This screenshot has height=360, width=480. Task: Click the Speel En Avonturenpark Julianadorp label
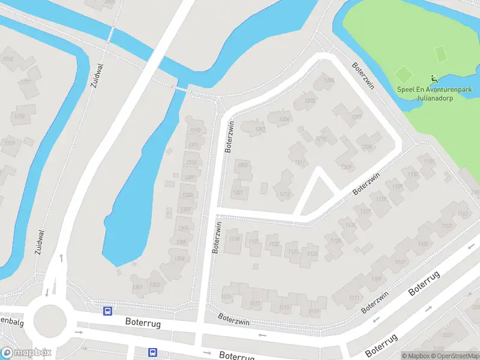(434, 93)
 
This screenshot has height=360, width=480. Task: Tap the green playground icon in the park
(434, 79)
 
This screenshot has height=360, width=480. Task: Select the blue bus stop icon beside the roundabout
(107, 310)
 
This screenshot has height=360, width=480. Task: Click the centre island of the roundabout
(49, 320)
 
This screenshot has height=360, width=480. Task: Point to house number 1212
(284, 193)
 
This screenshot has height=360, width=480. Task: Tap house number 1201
(238, 192)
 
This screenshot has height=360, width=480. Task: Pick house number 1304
(179, 259)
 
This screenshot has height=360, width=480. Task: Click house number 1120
(235, 240)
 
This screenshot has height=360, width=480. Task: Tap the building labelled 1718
(20, 116)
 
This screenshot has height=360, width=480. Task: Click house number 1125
(335, 241)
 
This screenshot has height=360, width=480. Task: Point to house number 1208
(367, 146)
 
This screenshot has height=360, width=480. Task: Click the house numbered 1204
(285, 119)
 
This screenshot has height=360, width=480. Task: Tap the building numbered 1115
(284, 308)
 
